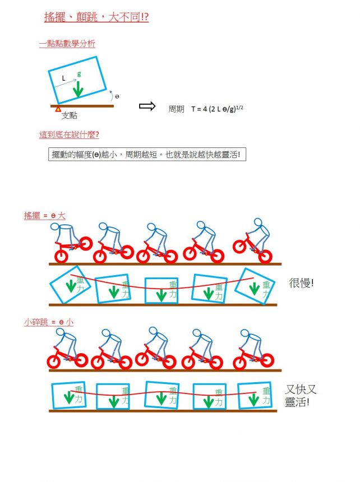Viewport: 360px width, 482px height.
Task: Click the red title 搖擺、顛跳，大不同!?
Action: (x=96, y=17)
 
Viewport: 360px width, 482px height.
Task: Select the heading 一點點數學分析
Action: (x=67, y=44)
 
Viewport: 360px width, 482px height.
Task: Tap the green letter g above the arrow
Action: (x=79, y=73)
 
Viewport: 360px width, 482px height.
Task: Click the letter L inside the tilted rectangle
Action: (x=63, y=78)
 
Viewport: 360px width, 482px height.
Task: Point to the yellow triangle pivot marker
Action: (x=58, y=109)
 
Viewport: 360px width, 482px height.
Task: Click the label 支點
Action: (x=69, y=115)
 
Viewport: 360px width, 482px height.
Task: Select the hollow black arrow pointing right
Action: (x=147, y=106)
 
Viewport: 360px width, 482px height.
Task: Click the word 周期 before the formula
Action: (x=176, y=109)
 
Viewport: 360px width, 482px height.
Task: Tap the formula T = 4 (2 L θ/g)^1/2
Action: (x=217, y=109)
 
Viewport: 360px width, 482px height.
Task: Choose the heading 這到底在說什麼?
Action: (x=69, y=135)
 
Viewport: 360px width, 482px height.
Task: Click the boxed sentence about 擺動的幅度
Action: (x=147, y=154)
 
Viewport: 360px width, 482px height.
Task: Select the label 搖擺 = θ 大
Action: (x=45, y=215)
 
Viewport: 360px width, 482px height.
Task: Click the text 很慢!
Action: (x=301, y=283)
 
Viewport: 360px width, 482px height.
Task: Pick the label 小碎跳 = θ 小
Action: (x=49, y=322)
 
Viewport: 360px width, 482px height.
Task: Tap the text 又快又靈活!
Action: (x=301, y=396)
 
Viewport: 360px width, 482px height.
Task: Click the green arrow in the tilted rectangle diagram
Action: (x=78, y=89)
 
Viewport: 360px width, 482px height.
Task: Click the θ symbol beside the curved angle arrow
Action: (x=117, y=96)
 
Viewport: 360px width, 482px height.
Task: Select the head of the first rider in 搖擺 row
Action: (x=55, y=227)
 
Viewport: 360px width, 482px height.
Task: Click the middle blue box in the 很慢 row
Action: (x=161, y=290)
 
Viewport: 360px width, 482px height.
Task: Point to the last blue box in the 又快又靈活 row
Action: (x=255, y=395)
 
